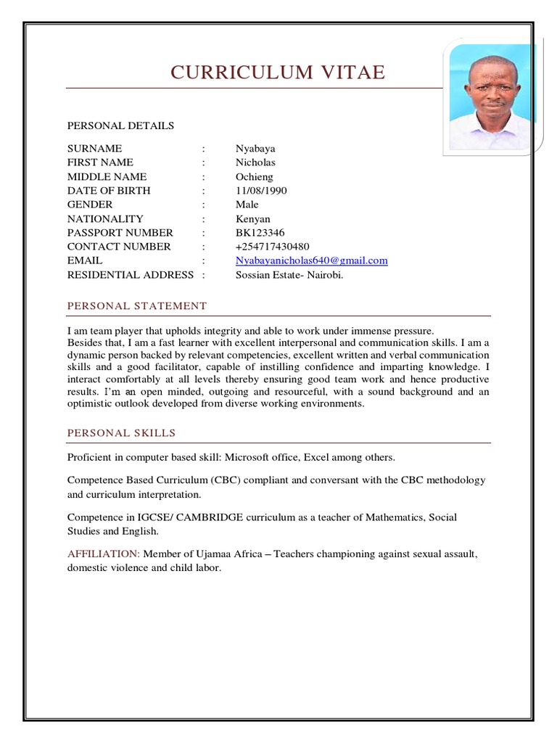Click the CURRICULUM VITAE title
point(278,73)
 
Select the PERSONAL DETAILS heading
point(120,126)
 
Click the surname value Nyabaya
point(255,148)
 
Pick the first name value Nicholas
point(255,163)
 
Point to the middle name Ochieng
point(256,176)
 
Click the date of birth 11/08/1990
point(261,191)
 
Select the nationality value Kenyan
point(252,218)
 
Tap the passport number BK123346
point(260,233)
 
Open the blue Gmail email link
point(311,260)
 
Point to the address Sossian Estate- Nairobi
point(289,275)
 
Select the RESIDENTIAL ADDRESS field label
point(131,275)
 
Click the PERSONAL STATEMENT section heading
point(137,306)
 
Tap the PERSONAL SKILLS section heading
point(122,433)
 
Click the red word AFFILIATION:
point(104,554)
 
